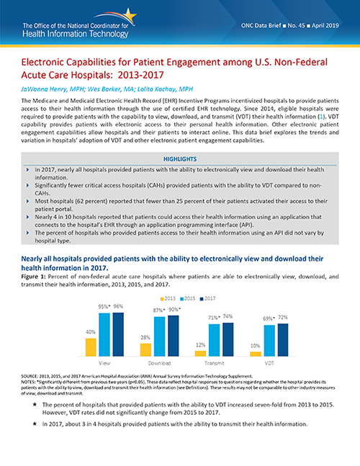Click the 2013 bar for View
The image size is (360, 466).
(x=91, y=347)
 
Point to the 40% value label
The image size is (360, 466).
(x=91, y=332)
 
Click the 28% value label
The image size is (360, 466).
(x=145, y=338)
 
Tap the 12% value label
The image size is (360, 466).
(x=199, y=345)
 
